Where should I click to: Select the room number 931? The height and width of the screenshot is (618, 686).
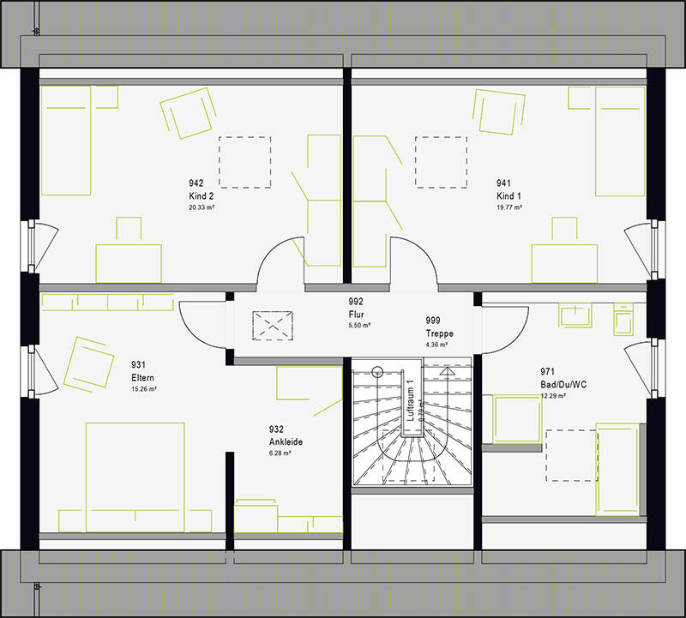137,364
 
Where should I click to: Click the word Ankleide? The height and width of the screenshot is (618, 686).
284,441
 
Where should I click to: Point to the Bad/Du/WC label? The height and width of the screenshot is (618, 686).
563,384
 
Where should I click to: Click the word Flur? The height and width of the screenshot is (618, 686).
355,314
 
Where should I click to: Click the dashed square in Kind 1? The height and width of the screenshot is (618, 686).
442,161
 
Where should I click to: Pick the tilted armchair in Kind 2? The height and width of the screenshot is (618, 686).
185,115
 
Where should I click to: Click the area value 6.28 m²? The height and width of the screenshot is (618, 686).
280,453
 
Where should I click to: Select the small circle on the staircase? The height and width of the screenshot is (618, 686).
376,371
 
